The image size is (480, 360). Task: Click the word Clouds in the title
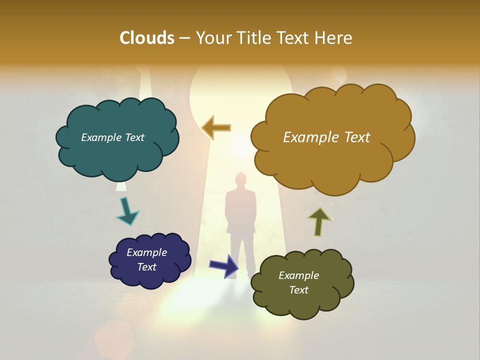tap(146, 38)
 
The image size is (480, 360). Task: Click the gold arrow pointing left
tap(216, 128)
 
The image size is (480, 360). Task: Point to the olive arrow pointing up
tap(319, 221)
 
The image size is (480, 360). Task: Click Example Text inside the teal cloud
tap(112, 137)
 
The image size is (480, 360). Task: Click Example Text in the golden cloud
tap(326, 137)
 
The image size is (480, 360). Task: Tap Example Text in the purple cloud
tap(146, 259)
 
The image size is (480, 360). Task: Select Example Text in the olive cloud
tap(298, 282)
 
